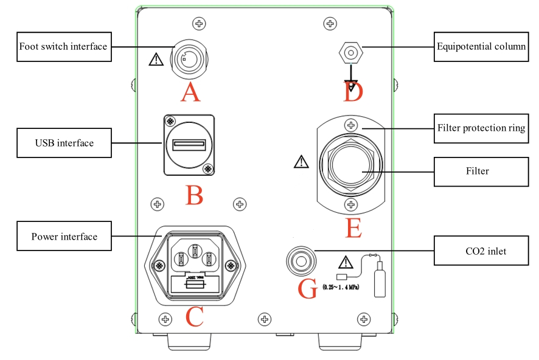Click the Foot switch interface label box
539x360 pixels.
click(x=63, y=47)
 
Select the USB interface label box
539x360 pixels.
click(x=64, y=143)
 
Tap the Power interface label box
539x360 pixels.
click(x=64, y=237)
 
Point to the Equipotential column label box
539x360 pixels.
click(x=481, y=46)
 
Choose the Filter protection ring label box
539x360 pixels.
click(x=481, y=128)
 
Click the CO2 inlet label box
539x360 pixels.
click(x=481, y=250)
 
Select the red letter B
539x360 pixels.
click(x=194, y=195)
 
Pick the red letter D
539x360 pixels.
click(x=353, y=93)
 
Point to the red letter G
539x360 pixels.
click(x=308, y=289)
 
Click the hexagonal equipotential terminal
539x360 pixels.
click(x=350, y=53)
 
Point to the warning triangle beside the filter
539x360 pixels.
click(x=301, y=162)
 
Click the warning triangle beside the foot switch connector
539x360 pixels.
click(x=156, y=59)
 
